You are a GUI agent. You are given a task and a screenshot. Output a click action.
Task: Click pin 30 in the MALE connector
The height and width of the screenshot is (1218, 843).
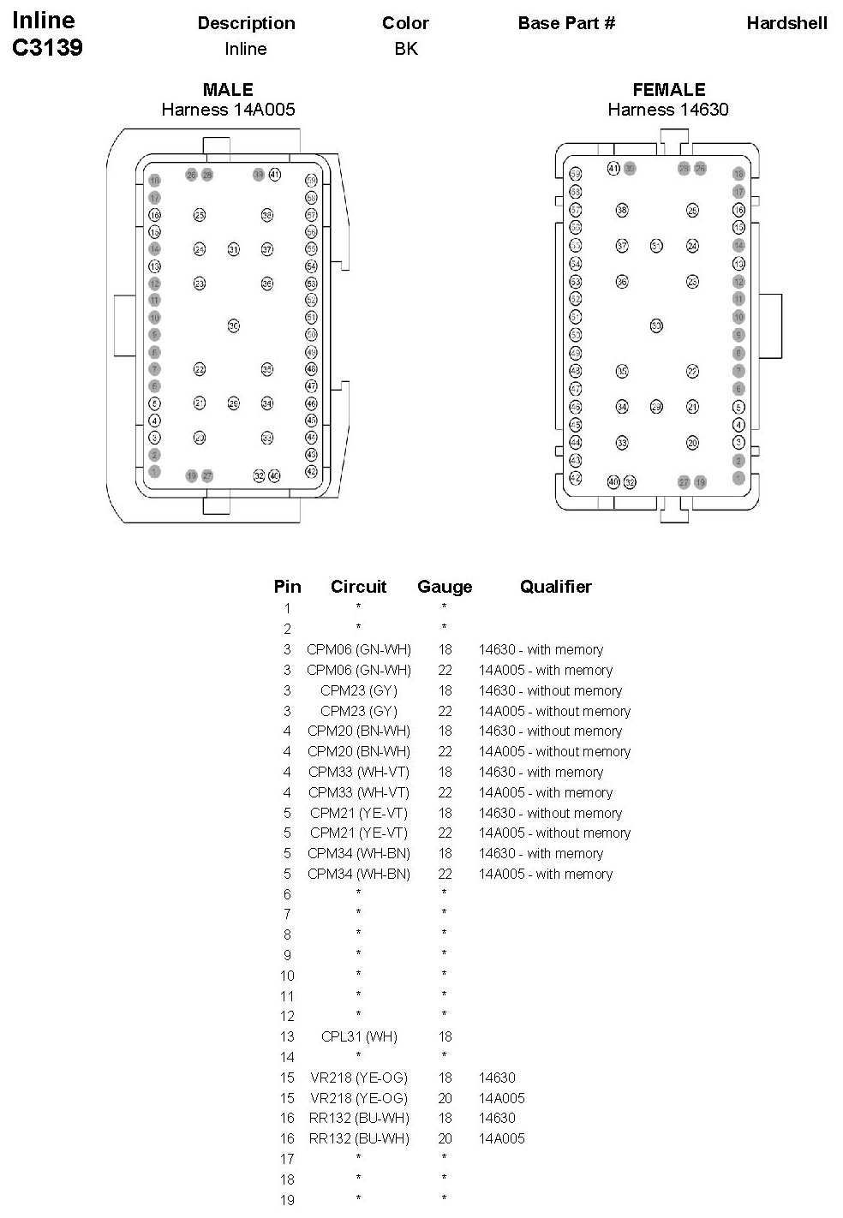pos(233,325)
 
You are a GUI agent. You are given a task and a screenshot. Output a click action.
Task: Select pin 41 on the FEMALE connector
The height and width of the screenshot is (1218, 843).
pos(613,168)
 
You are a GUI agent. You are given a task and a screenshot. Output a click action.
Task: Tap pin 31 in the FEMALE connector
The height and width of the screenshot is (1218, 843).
pos(656,246)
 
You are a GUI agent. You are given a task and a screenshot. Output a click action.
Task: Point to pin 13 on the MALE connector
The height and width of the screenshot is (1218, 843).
pos(155,266)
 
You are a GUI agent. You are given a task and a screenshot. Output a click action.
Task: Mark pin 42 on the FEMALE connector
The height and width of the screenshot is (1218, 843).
pos(576,478)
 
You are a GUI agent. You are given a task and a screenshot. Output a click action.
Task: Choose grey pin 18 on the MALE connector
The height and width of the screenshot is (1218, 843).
pos(155,180)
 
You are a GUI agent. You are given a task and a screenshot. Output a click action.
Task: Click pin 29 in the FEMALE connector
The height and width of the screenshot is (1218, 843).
pos(656,407)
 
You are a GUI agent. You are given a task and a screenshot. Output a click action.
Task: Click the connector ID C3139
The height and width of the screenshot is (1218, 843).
pos(48,48)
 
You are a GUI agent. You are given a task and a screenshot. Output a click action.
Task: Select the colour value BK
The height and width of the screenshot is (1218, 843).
pos(406,49)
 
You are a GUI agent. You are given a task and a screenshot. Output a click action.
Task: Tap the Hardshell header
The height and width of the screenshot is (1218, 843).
pos(786,23)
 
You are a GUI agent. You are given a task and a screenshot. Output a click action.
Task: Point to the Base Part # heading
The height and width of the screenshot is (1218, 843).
pos(566,23)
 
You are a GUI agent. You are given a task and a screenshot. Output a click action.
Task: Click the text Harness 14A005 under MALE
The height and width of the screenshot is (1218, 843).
pos(228,110)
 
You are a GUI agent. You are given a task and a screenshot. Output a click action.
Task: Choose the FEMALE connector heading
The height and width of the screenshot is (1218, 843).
pos(668,90)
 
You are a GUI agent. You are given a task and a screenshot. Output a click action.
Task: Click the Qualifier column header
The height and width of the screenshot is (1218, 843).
pos(555,587)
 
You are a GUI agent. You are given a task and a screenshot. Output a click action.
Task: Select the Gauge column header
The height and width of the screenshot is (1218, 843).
pos(445,587)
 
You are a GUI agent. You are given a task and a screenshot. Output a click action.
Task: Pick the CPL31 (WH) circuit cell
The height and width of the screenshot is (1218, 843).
pos(359,1036)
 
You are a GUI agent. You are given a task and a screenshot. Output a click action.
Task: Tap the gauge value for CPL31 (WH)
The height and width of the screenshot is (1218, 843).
pos(445,1036)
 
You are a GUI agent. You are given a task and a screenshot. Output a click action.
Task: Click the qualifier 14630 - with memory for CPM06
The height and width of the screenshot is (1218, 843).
pos(541,649)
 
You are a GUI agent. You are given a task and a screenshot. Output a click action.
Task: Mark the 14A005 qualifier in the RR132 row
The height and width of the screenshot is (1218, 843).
pos(502,1138)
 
